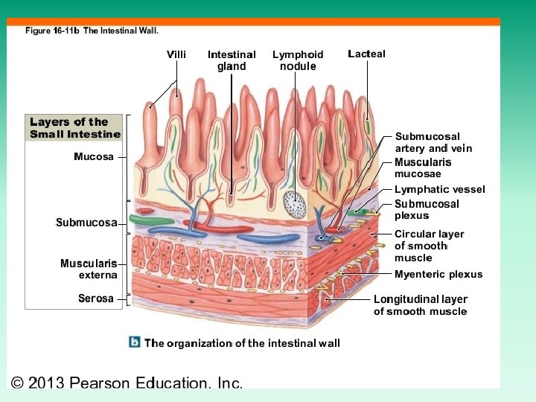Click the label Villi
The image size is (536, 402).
pyautogui.click(x=176, y=54)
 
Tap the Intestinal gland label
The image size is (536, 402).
pyautogui.click(x=232, y=60)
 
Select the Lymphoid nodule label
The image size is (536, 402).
pyautogui.click(x=298, y=60)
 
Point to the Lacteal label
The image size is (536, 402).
pyautogui.click(x=366, y=54)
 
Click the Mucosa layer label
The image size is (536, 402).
pyautogui.click(x=94, y=157)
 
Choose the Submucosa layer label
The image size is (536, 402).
pyautogui.click(x=86, y=223)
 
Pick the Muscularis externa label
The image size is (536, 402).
pyautogui.click(x=89, y=269)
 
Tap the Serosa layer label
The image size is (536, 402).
pyautogui.click(x=96, y=299)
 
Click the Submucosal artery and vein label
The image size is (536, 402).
pyautogui.click(x=433, y=142)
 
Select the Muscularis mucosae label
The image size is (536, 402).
pyautogui.click(x=423, y=168)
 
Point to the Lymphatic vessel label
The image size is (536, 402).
pyautogui.click(x=439, y=189)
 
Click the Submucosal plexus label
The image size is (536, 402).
pyautogui.click(x=427, y=210)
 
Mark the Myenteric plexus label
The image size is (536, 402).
pyautogui.click(x=438, y=274)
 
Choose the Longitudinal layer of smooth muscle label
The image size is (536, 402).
pyautogui.click(x=421, y=305)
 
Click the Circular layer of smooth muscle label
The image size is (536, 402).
pyautogui.click(x=429, y=246)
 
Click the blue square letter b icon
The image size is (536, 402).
pyautogui.click(x=135, y=342)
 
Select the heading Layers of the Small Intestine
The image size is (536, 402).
pyautogui.click(x=74, y=128)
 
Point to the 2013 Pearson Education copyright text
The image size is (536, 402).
pyautogui.click(x=127, y=383)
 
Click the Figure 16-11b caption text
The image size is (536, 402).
pyautogui.click(x=92, y=31)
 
